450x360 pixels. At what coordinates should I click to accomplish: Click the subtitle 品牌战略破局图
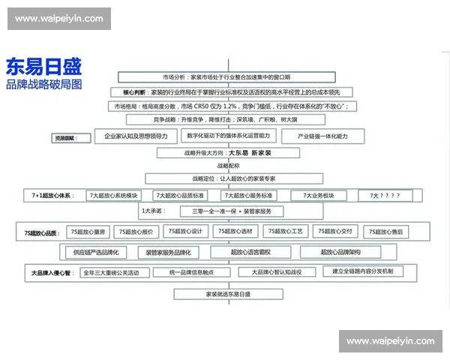43,84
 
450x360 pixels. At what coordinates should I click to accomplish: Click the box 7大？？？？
385,195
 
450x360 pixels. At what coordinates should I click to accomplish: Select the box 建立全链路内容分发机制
363,271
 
